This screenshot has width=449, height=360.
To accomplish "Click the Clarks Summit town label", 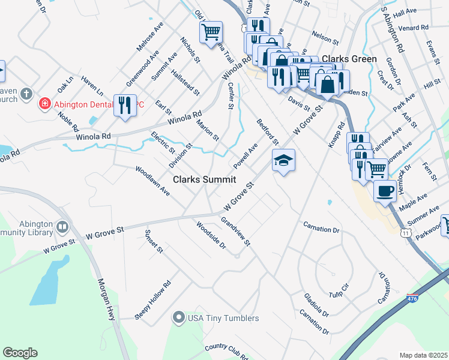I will coord(204,179).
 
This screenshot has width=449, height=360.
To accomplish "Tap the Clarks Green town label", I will coord(349,59).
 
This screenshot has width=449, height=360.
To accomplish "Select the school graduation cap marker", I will coord(284,160).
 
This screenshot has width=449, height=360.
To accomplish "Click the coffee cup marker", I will coord(385,191).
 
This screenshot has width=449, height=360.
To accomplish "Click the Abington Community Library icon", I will coord(62,227).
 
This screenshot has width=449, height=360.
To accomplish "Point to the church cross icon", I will coord(26,94).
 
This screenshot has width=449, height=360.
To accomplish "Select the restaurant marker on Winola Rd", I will coord(124,106).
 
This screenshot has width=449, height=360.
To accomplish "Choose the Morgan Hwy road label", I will coord(105,298).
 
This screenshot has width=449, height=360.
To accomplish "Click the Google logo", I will coord(20,353).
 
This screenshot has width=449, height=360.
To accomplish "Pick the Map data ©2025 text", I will coord(424,355).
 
